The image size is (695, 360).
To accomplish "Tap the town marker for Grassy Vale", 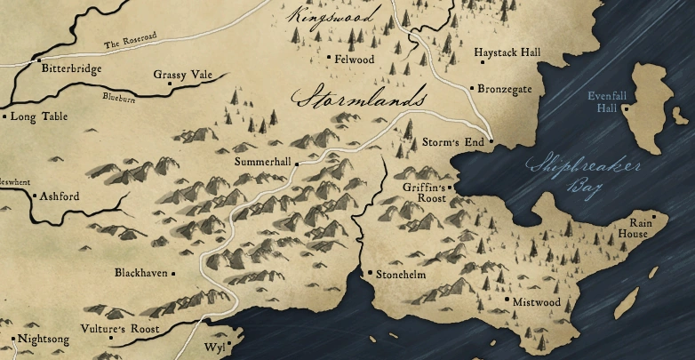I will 169,85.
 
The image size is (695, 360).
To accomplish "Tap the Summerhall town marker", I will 298,163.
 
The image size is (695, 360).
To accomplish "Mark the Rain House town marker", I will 654,215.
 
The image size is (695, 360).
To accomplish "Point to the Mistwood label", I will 537,302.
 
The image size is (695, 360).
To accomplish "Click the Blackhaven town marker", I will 173,274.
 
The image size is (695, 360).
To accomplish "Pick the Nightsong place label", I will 44,340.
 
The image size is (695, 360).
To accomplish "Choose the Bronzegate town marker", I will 471,89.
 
